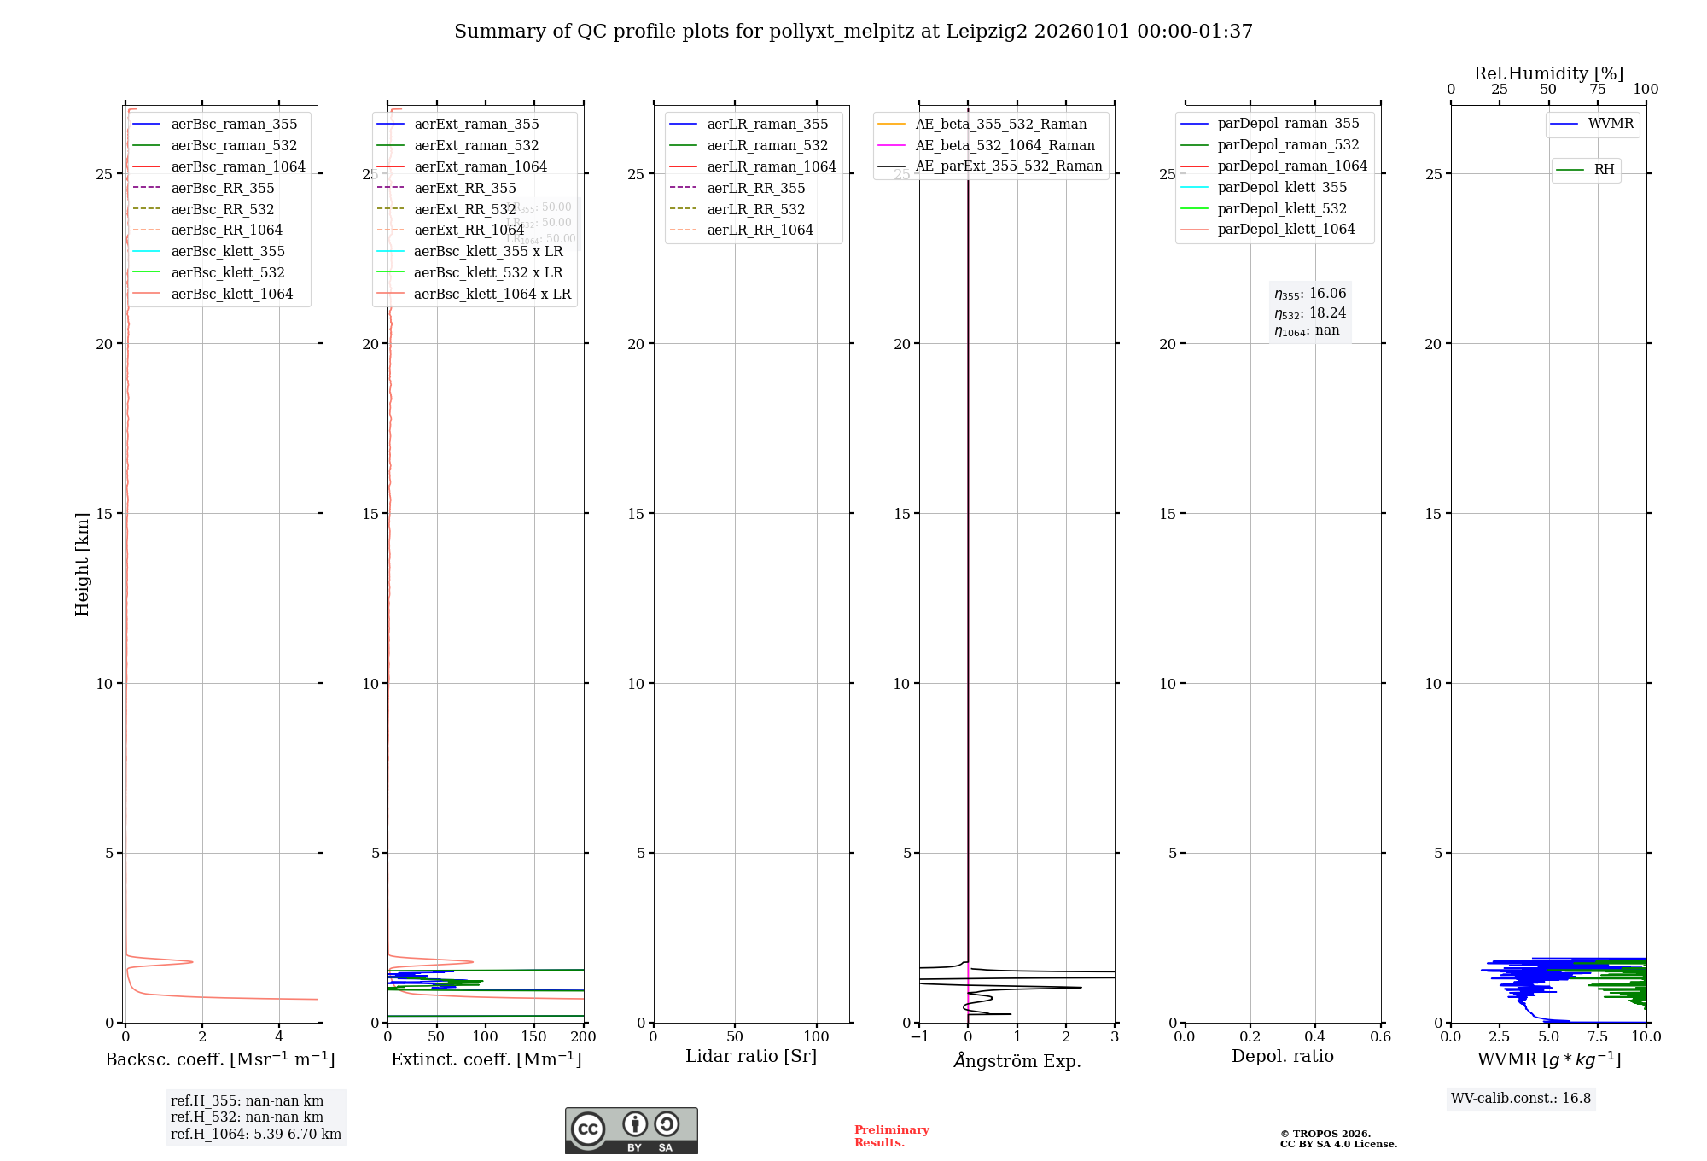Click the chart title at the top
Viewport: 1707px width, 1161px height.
853,32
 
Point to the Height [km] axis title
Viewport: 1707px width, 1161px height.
82,563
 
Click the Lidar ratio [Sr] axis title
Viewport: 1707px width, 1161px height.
751,1056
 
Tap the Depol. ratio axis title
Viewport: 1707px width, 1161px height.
1282,1056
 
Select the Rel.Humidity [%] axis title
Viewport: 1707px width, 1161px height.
1548,73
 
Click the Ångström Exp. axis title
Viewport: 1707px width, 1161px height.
1017,1060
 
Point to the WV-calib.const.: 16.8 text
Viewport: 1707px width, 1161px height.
1521,1098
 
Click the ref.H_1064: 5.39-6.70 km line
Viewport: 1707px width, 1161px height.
256,1134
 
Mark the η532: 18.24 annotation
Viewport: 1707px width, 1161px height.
1310,312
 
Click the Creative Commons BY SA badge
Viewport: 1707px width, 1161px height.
631,1130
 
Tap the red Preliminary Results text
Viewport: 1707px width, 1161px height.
891,1135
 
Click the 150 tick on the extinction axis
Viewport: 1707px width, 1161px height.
534,1036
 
